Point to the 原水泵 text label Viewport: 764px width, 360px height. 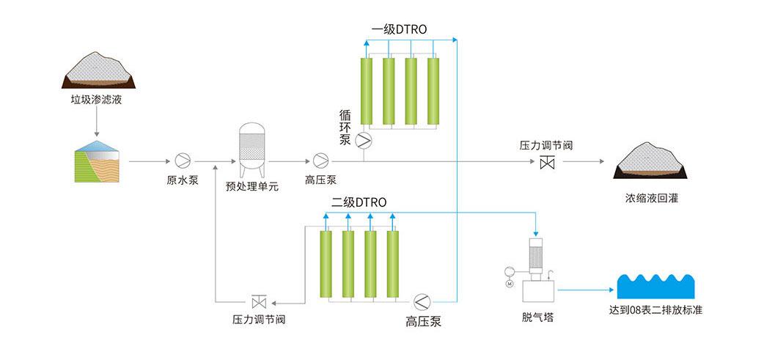[x=183, y=180]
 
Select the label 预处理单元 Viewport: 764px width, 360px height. [x=252, y=185]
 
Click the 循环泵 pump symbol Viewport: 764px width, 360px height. [x=364, y=139]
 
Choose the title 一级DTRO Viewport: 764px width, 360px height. [x=399, y=29]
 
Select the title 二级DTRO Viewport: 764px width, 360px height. [x=359, y=202]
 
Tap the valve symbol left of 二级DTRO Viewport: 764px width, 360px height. [x=259, y=301]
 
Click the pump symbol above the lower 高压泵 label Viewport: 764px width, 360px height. [x=423, y=301]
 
